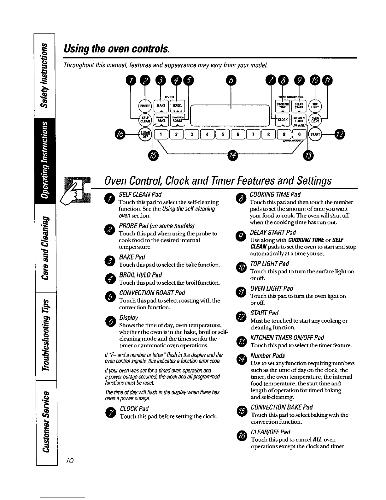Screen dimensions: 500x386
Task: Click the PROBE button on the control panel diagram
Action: [145, 105]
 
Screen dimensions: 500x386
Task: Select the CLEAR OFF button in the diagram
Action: [145, 135]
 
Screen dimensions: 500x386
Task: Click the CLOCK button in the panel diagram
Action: [283, 120]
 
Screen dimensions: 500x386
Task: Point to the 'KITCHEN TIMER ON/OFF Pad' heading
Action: [287, 337]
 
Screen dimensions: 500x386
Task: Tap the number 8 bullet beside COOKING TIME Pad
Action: [241, 198]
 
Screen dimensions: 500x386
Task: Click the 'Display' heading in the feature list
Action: [129, 317]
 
